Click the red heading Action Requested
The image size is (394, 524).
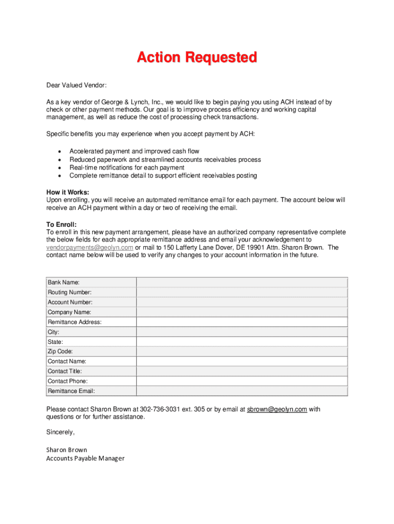coord(196,58)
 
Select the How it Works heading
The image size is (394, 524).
coord(68,192)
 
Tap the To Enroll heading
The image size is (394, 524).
coord(61,225)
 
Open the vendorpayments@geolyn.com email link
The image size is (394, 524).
coord(90,248)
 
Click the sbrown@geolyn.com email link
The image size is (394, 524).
coord(277,409)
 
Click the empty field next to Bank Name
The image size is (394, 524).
coord(242,282)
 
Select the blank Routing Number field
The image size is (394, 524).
coord(242,292)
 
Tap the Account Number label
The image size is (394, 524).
coord(70,302)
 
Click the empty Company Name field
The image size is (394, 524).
coord(242,312)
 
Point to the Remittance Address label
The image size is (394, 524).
coord(75,322)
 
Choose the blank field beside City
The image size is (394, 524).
coord(242,332)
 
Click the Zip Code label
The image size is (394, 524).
coord(60,352)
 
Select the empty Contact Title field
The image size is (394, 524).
coord(242,372)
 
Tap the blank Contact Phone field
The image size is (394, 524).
coord(242,381)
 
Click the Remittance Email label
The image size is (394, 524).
coord(71,391)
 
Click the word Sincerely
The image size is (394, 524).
coord(60,432)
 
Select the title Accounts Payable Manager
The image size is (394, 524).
coord(85,458)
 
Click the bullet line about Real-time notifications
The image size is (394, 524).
coord(127,168)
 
